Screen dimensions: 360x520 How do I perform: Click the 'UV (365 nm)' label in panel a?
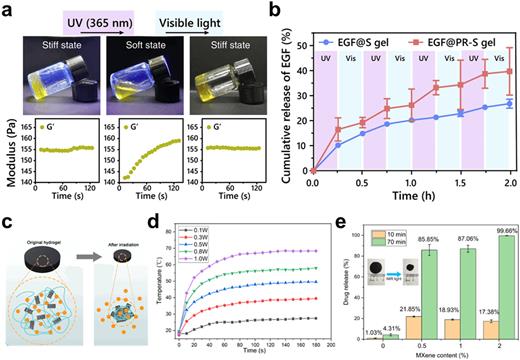(x=107, y=9)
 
